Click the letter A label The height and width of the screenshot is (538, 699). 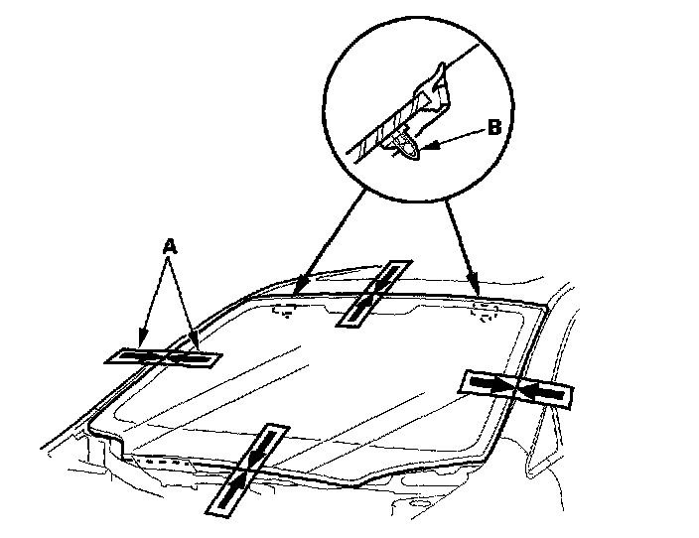click(x=170, y=246)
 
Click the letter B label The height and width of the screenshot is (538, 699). click(x=494, y=127)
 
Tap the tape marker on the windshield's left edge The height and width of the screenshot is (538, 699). click(x=163, y=357)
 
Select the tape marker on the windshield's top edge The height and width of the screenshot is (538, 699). click(x=374, y=293)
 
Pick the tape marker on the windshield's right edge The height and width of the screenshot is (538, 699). click(x=516, y=389)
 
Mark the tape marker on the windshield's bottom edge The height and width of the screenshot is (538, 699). click(x=247, y=471)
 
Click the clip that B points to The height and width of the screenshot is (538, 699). click(x=406, y=145)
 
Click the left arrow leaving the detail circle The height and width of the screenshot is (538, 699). click(x=331, y=239)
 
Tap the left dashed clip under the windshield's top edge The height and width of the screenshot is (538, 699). click(x=285, y=310)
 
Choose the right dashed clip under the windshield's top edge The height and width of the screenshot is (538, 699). click(x=485, y=312)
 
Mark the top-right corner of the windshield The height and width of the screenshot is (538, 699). click(x=545, y=306)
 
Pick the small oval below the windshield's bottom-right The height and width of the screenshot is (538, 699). click(x=418, y=503)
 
